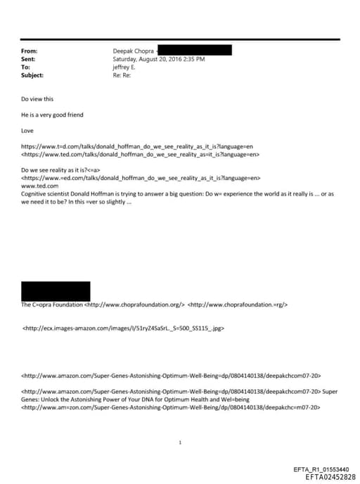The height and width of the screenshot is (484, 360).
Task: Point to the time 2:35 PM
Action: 192,60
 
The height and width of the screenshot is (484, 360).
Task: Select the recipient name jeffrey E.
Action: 126,68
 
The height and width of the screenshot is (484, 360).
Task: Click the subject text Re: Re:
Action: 123,75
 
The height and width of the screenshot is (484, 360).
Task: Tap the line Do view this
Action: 37,99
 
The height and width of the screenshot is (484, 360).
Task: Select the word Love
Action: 27,130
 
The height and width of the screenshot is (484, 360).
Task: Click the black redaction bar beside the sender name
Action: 194,51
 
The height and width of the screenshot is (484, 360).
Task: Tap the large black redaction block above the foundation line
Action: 56,291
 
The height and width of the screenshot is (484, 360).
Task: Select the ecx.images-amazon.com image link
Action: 123,328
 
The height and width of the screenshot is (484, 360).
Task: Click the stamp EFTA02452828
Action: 326,476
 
